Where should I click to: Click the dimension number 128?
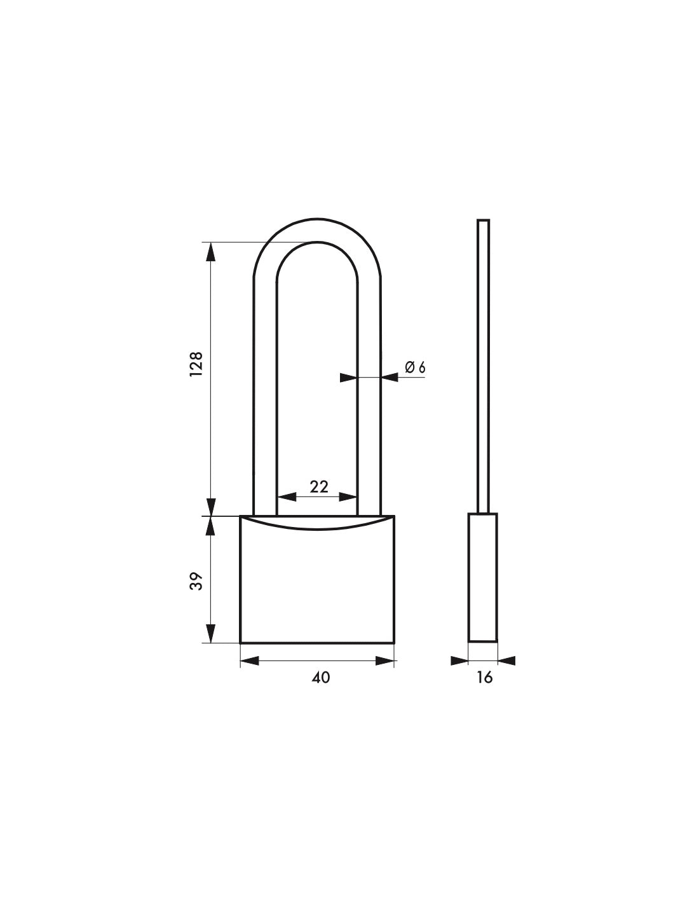tap(196, 364)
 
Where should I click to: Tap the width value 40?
tap(321, 678)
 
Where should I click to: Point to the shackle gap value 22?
tap(318, 486)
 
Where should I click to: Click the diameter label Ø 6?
tap(414, 367)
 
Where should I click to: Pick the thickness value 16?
tap(484, 678)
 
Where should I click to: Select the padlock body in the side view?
tap(483, 577)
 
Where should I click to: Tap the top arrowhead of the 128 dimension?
tap(211, 252)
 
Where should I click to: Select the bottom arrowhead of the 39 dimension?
tap(211, 633)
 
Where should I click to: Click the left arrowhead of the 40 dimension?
tap(250, 661)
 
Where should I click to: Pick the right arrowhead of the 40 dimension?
tap(385, 661)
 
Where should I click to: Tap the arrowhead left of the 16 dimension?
tap(459, 661)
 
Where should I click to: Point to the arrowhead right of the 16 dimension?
tap(506, 661)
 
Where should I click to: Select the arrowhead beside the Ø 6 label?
tap(390, 378)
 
